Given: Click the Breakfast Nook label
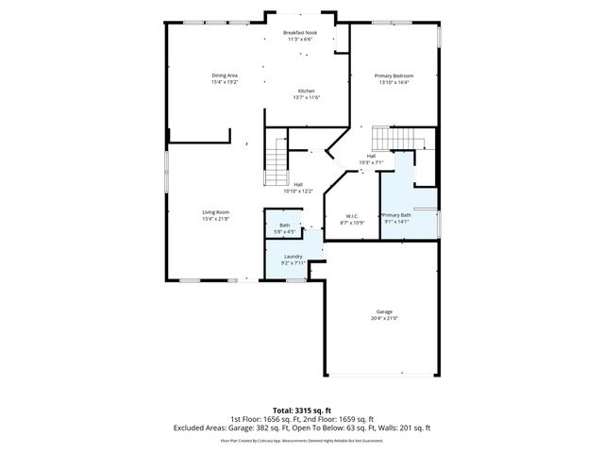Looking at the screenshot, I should point(300,33).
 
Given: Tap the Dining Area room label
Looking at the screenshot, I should point(225,75).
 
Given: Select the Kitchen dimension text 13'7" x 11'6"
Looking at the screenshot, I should point(307,97).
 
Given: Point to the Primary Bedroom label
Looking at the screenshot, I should point(394,75).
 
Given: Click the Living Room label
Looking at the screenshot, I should point(215,212).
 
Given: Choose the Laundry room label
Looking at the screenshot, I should point(293,257).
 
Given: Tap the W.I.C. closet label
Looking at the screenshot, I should point(352,216).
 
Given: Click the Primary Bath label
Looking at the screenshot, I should point(396,215).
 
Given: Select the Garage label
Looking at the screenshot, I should point(384,311).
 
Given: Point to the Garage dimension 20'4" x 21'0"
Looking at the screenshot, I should point(384,318).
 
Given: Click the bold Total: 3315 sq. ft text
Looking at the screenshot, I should point(301,410).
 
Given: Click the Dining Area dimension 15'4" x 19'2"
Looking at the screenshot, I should point(225,81).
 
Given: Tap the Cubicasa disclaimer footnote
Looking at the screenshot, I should point(301,440).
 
